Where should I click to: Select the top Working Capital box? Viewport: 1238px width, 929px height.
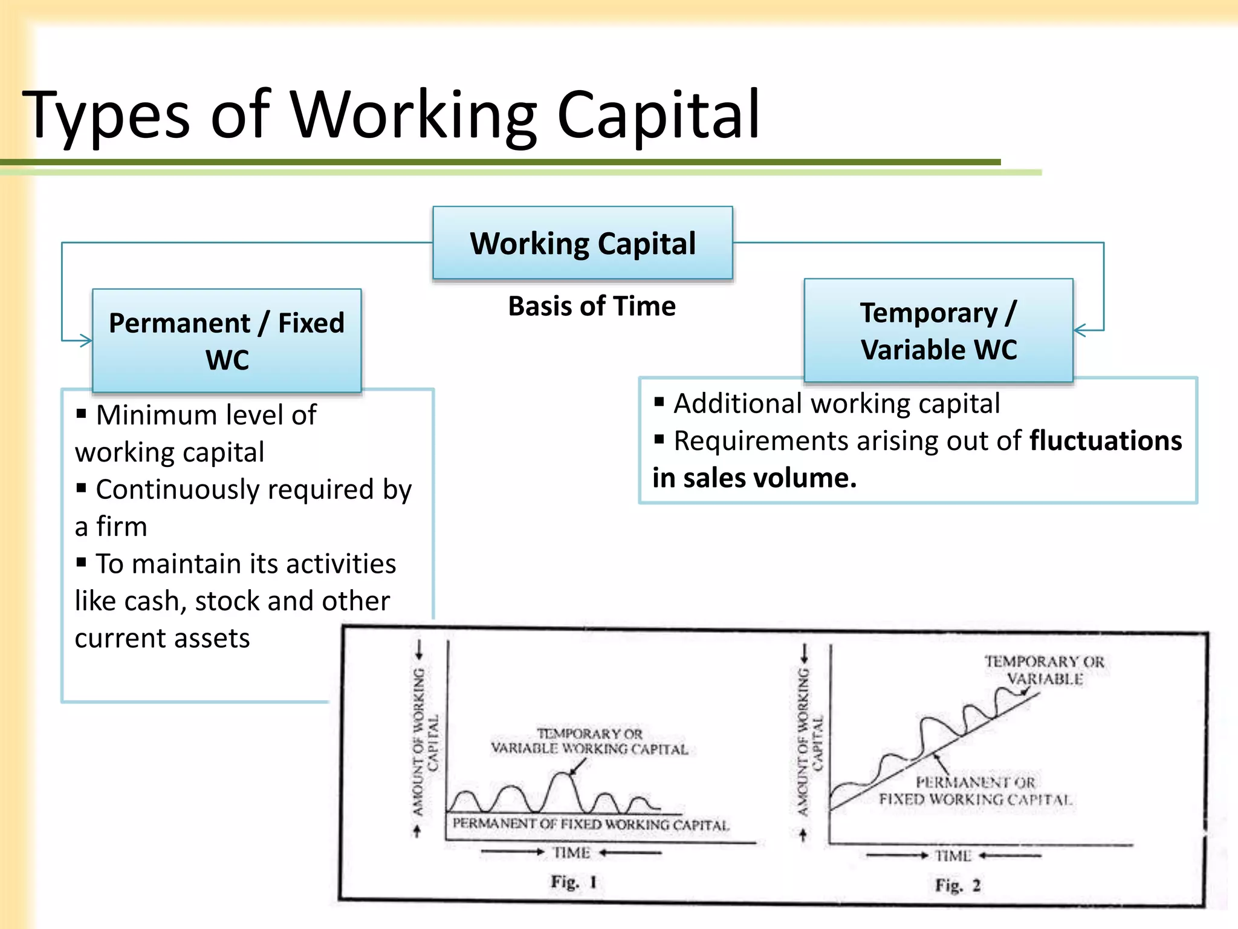(583, 243)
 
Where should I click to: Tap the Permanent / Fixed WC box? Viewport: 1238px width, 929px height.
(227, 341)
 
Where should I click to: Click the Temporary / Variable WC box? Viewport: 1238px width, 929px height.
(938, 331)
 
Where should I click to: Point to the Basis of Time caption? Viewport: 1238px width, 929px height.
(591, 306)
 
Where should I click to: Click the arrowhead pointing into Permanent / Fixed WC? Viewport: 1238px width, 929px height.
(86, 341)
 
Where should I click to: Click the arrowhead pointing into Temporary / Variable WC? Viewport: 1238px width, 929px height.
(1080, 330)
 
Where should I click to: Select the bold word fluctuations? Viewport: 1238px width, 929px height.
(1105, 440)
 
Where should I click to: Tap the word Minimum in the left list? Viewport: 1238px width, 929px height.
(152, 415)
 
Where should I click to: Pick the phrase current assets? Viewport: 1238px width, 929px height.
(162, 638)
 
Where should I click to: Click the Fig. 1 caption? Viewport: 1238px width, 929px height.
(573, 882)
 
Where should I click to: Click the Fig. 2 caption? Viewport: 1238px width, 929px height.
(957, 885)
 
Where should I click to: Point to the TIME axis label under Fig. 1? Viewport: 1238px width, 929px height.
(571, 853)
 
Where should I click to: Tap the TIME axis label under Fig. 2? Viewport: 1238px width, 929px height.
(953, 856)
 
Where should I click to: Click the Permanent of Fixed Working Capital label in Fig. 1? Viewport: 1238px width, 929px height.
(591, 824)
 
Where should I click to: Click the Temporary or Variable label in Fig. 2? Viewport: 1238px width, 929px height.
(1045, 670)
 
